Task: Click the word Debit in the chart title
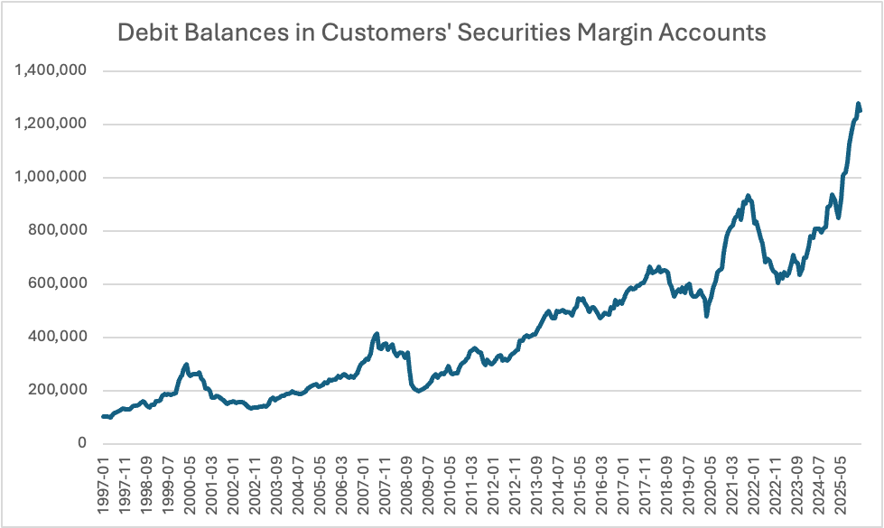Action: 147,33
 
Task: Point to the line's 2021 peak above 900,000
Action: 748,195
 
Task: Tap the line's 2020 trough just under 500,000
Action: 707,316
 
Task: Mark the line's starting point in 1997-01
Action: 103,416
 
